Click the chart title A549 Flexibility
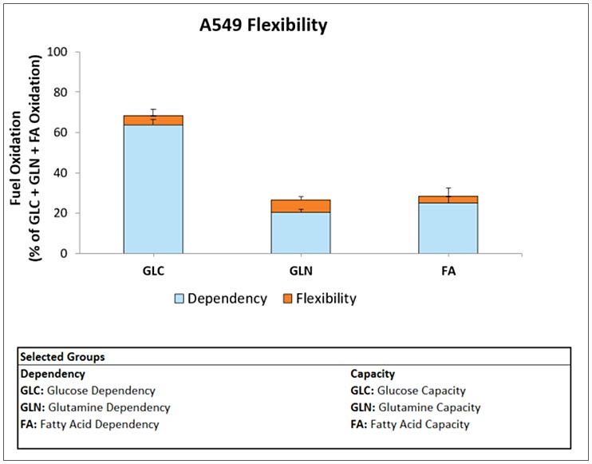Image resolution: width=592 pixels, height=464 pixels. tap(262, 26)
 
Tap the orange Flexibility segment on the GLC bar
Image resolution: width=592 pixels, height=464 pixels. tap(153, 121)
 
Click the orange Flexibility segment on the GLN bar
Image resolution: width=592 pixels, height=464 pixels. tap(300, 206)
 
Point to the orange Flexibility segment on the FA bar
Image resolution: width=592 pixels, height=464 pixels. tap(448, 200)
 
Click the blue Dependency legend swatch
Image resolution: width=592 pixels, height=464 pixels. tap(180, 299)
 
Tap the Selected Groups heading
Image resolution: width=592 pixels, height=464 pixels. tap(62, 357)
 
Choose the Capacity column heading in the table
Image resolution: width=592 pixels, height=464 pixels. tap(373, 373)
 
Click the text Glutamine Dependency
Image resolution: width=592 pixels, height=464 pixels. tap(108, 407)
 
